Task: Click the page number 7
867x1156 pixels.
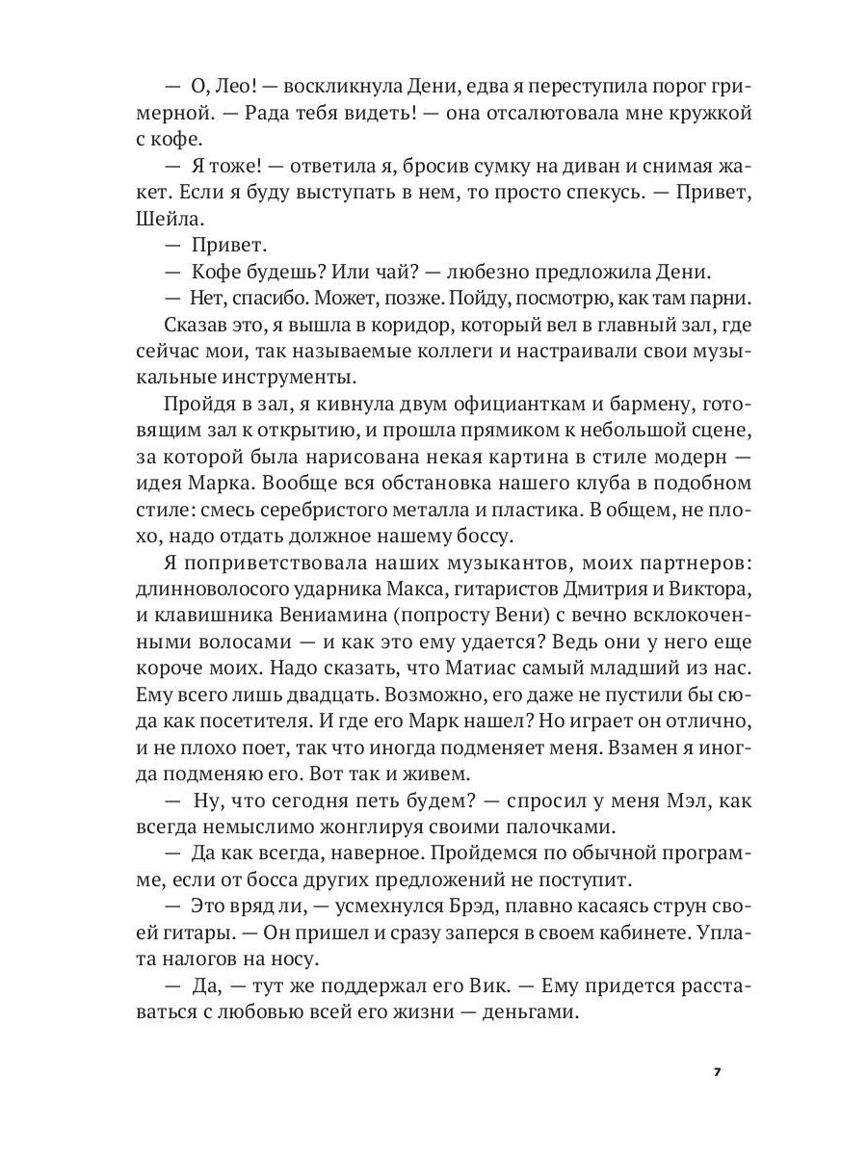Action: click(716, 1072)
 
